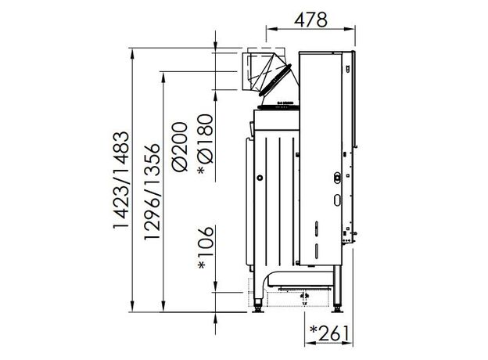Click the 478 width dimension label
coord(310,20)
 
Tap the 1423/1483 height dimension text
coord(120,180)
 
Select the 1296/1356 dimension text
coord(152,192)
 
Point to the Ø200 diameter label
coord(181,146)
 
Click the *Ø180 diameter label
coord(206,144)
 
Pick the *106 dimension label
coord(206,247)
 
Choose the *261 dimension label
coord(329,333)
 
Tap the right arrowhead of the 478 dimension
coord(350,29)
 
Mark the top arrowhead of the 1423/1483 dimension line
coord(132,53)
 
